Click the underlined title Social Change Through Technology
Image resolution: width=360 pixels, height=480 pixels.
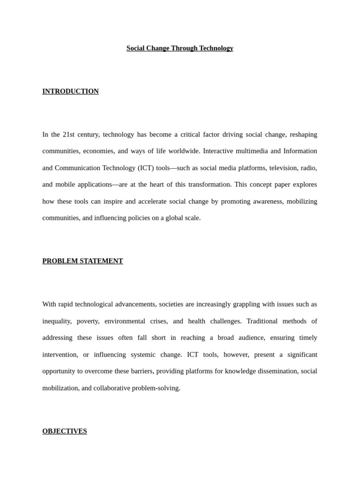pyautogui.click(x=180, y=48)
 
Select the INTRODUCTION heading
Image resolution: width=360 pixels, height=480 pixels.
pyautogui.click(x=70, y=91)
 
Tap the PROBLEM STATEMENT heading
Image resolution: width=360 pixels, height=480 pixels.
pyautogui.click(x=82, y=261)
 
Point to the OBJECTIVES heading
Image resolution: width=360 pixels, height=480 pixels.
pyautogui.click(x=65, y=431)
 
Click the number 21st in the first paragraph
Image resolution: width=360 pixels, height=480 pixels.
pyautogui.click(x=69, y=135)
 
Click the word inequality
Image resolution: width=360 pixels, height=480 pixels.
pyautogui.click(x=57, y=321)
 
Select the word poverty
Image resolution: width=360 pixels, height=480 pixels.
pyautogui.click(x=88, y=321)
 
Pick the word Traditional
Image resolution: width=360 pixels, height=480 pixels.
pyautogui.click(x=262, y=321)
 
